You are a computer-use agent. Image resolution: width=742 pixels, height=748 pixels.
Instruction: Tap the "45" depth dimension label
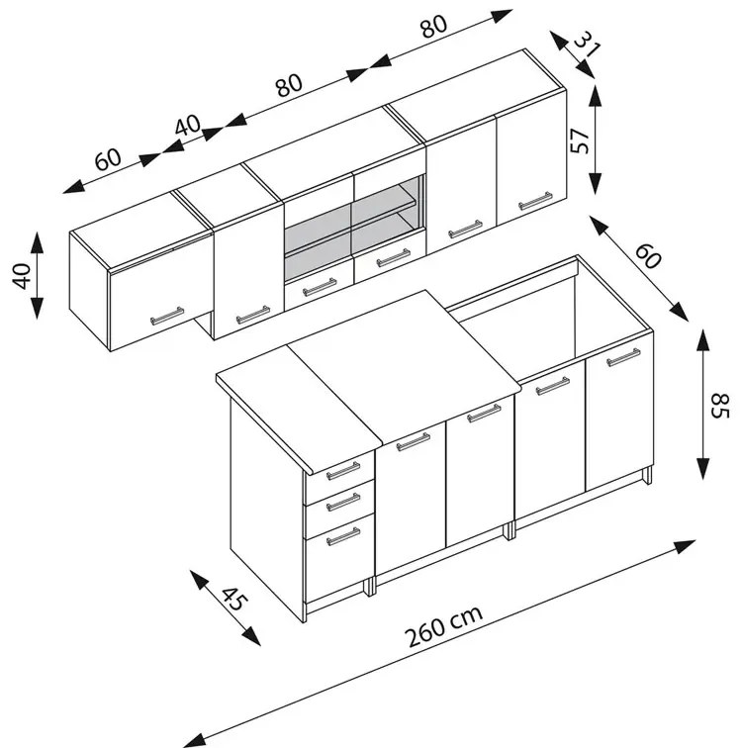point(233,600)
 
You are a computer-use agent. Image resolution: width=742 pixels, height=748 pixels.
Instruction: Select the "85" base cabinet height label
point(720,406)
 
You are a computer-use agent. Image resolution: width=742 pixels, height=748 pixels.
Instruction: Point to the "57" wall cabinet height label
point(581,140)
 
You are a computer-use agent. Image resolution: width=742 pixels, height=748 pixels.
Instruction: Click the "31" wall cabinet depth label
point(587,44)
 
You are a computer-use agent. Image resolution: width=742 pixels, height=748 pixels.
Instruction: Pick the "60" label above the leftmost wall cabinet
point(108,159)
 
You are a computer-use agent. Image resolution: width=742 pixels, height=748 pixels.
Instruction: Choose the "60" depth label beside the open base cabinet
point(648,256)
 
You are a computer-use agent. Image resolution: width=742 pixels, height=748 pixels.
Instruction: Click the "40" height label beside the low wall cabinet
point(22,276)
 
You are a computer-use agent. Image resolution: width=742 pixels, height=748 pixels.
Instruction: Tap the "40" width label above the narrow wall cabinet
point(188,125)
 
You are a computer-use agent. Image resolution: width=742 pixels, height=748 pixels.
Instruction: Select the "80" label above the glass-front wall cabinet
point(289,85)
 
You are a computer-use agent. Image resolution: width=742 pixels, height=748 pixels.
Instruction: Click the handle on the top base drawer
point(343,471)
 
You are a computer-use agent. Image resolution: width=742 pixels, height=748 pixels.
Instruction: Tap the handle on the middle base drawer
point(343,503)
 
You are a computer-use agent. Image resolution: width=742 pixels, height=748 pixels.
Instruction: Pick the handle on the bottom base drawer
point(343,536)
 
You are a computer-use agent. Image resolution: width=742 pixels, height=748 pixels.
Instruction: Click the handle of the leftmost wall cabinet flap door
point(167,316)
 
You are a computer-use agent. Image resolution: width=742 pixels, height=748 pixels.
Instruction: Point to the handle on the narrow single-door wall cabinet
point(252,315)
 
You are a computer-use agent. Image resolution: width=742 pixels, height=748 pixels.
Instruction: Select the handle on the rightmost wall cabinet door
point(535,201)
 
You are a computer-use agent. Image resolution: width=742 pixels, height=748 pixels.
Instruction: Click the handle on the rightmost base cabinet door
point(623,357)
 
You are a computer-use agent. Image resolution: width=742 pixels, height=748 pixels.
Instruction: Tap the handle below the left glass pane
point(319,287)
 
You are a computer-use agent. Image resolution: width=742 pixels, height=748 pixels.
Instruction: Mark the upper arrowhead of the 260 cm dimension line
point(685,546)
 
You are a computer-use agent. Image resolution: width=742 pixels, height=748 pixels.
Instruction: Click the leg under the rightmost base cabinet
point(647,476)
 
